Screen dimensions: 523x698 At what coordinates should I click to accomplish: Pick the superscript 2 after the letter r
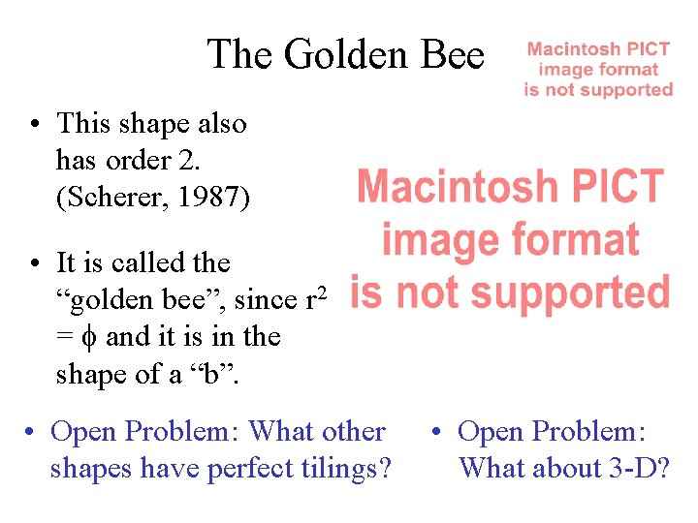click(x=323, y=291)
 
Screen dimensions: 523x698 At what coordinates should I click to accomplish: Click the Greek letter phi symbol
click(x=87, y=337)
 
